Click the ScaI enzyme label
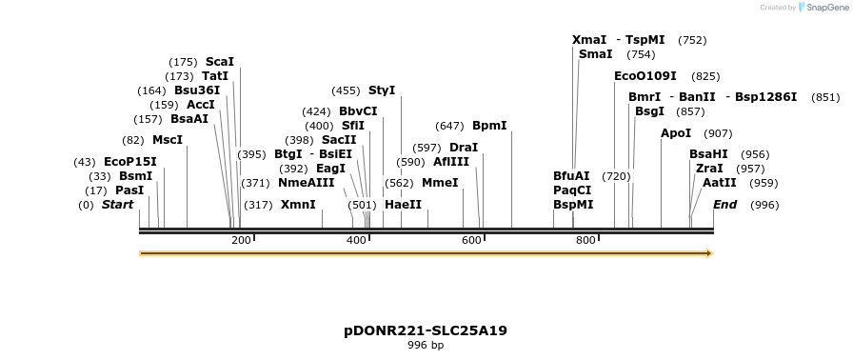tap(219, 62)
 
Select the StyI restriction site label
tap(381, 90)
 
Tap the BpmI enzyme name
tap(489, 126)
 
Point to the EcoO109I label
tap(645, 76)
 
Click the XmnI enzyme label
tap(297, 205)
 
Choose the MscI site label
tap(167, 140)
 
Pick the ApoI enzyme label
tap(676, 133)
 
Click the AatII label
tap(719, 183)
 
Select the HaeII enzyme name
tap(403, 205)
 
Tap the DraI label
tap(463, 148)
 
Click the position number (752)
tap(692, 40)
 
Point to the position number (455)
tap(346, 90)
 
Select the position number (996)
tap(764, 205)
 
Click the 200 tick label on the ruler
tap(241, 240)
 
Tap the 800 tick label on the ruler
tap(585, 240)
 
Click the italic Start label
tap(117, 205)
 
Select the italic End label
tap(724, 205)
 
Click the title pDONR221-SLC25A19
tap(426, 330)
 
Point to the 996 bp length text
tap(426, 345)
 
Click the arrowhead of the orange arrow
tap(708, 253)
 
